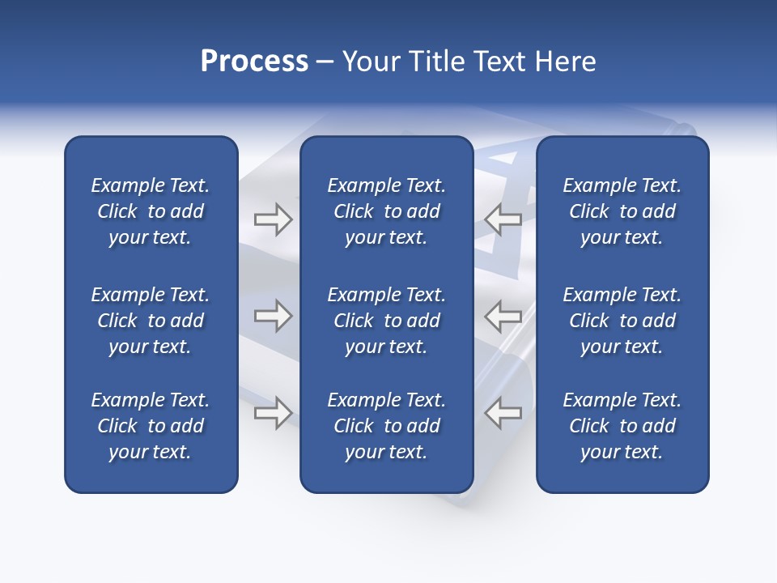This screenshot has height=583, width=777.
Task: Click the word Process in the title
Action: click(254, 62)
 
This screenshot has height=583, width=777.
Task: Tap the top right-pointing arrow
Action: click(273, 219)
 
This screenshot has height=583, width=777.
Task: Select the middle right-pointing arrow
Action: click(273, 316)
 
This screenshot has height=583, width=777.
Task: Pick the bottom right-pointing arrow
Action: click(273, 413)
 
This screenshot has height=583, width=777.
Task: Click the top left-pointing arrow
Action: click(503, 219)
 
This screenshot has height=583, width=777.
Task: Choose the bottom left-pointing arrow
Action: click(503, 413)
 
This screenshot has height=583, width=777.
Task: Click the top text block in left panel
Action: click(151, 211)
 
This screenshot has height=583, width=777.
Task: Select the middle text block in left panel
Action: click(151, 321)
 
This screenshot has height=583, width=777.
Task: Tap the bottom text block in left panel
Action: click(151, 426)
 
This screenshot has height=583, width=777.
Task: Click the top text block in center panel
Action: click(386, 211)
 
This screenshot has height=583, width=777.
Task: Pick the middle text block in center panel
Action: click(386, 321)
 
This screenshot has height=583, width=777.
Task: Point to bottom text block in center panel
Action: click(386, 426)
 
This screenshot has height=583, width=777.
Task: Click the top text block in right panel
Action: click(622, 211)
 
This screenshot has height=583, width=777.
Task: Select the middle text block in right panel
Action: click(622, 321)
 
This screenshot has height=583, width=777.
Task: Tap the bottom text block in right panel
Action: click(622, 426)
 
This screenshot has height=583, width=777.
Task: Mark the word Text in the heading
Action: click(498, 62)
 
